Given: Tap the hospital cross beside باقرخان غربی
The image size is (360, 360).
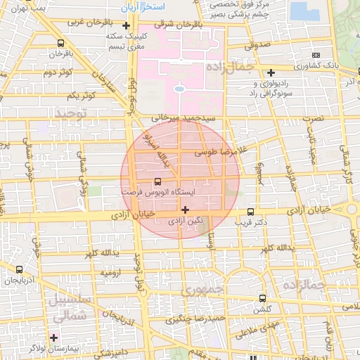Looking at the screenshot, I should (x=126, y=27).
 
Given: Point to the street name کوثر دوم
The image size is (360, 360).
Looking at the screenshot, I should (x=58, y=72).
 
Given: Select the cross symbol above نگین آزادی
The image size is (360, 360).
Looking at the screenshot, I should (x=185, y=210).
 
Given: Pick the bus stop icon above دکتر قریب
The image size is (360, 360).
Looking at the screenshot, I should (x=251, y=212).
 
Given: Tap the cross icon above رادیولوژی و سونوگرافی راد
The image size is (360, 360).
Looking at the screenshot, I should (x=271, y=71).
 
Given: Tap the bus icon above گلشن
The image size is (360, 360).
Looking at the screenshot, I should (x=262, y=298).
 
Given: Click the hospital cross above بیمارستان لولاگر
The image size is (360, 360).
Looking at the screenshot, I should (x=53, y=337).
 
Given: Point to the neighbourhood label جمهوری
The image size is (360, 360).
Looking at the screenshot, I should (x=202, y=290).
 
